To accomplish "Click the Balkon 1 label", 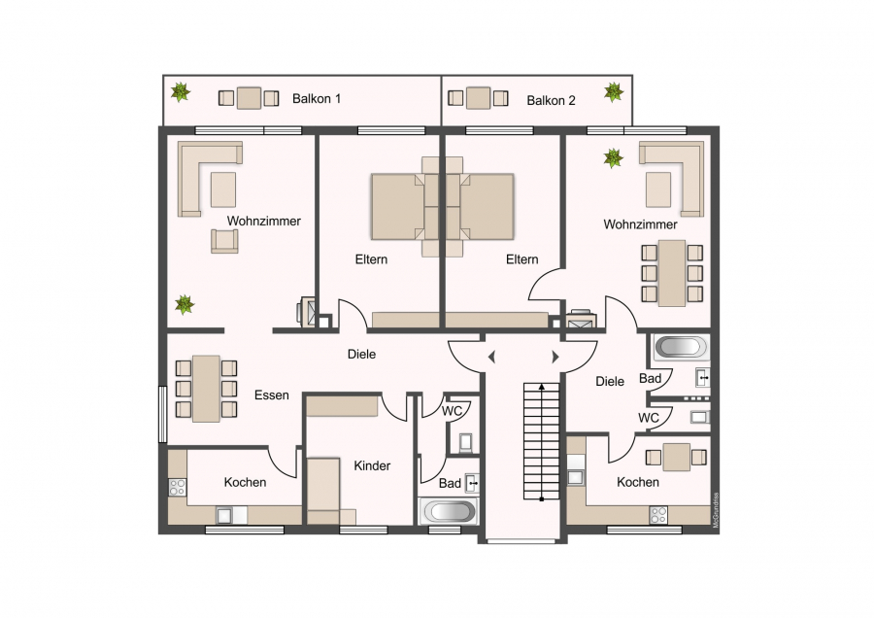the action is click(316, 99).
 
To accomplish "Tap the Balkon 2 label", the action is click(551, 100).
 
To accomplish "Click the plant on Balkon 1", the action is click(180, 92).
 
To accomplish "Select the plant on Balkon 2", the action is click(613, 92).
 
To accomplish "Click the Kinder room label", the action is click(372, 465).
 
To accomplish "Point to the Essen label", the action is click(272, 395).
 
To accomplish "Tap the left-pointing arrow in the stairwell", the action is click(491, 357).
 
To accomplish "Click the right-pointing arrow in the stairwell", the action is click(555, 357).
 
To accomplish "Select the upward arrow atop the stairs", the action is click(541, 386).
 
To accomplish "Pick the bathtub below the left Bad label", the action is click(449, 511).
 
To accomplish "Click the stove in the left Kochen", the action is click(178, 487).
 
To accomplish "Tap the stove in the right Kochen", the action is click(657, 515).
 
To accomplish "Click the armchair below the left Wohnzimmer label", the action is click(224, 241).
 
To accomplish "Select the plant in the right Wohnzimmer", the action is click(613, 157).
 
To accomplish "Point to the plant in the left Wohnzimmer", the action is click(185, 304).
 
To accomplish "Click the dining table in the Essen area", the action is click(206, 389).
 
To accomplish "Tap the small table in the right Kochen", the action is click(676, 458).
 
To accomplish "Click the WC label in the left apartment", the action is click(452, 411).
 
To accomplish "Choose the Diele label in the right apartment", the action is click(610, 382).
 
